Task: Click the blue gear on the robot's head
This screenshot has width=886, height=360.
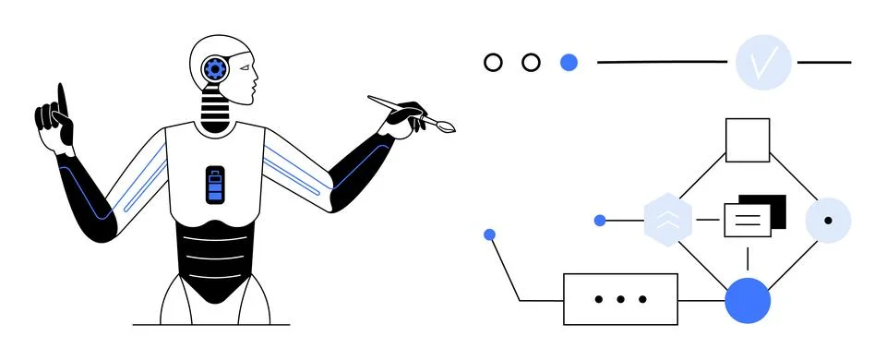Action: click(216, 67)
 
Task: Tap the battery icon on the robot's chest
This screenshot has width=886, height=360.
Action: click(215, 185)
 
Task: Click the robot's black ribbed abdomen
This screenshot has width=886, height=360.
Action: click(215, 261)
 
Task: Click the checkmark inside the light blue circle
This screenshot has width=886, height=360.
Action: click(763, 64)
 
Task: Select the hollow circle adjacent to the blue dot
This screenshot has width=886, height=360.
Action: click(531, 63)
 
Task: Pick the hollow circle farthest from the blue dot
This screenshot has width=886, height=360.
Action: click(494, 63)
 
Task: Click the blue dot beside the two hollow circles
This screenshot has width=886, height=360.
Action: click(569, 63)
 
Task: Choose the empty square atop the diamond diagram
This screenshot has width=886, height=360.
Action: click(748, 140)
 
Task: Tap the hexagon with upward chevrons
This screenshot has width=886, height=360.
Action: click(667, 221)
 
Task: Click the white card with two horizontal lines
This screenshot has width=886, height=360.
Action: click(747, 221)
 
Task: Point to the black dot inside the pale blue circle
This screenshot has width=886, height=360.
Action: click(828, 222)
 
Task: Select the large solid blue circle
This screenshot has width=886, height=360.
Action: click(748, 300)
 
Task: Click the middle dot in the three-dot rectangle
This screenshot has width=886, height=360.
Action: click(620, 299)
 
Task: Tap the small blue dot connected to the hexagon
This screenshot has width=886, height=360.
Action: click(600, 221)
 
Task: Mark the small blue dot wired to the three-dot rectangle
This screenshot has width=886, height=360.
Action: click(490, 234)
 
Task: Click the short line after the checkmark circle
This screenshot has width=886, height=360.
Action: click(824, 63)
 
